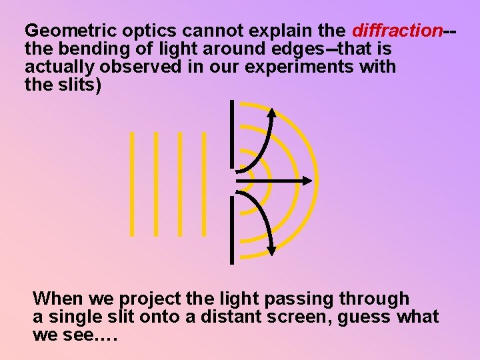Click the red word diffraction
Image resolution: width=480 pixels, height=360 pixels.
(x=397, y=31)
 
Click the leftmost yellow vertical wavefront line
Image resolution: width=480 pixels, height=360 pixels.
(x=132, y=183)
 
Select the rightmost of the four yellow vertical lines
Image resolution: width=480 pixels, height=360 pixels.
(x=204, y=183)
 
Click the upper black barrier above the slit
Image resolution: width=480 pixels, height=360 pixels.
(x=231, y=133)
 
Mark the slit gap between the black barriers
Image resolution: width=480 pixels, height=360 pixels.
(x=231, y=181)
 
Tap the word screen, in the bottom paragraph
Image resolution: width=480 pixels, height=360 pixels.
(x=299, y=317)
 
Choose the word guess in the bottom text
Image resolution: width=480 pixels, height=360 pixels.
(x=365, y=317)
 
